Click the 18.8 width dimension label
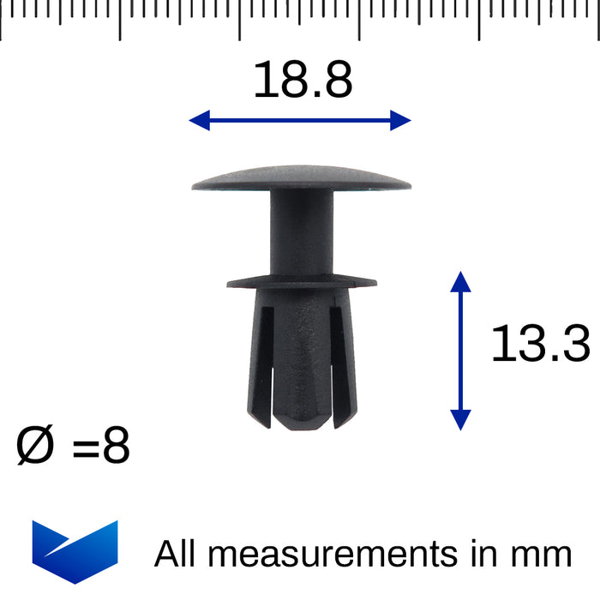tap(302, 81)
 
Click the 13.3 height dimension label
tap(540, 345)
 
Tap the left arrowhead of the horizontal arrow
tap(200, 121)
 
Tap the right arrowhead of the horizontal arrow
tap(400, 121)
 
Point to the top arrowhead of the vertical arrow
tap(460, 283)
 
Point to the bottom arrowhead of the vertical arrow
tap(460, 419)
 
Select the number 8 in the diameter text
tap(115, 447)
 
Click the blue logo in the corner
tap(75, 551)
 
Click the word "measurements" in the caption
tap(333, 554)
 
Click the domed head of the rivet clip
tap(301, 176)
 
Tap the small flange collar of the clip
tap(301, 280)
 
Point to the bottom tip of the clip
tap(299, 423)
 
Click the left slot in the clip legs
tap(265, 360)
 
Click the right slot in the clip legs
tap(335, 360)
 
